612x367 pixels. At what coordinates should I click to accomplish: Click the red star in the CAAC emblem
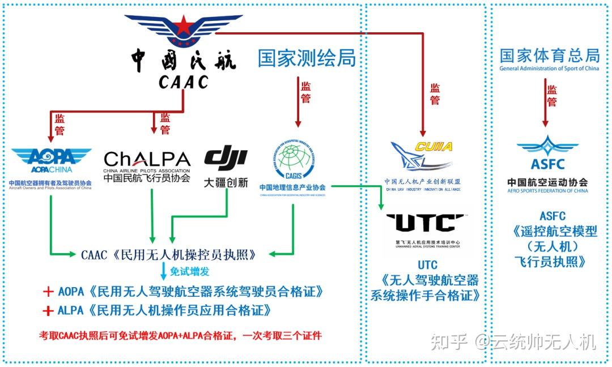click(182, 25)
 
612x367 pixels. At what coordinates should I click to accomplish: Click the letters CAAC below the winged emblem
click(183, 82)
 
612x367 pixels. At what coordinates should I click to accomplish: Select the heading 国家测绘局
click(307, 58)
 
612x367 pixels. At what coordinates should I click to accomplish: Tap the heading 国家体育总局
click(549, 56)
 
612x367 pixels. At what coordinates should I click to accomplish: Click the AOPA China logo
click(51, 158)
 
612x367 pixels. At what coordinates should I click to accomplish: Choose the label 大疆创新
click(226, 183)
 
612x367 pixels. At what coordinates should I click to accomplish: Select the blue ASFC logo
click(548, 153)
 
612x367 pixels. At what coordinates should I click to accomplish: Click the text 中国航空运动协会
click(547, 182)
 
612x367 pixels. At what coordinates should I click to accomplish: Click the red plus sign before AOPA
click(48, 292)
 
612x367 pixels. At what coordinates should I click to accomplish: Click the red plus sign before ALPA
click(48, 311)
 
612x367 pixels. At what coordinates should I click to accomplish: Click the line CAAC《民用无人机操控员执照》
click(165, 254)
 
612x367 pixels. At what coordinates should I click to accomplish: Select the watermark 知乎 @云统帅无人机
click(513, 342)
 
